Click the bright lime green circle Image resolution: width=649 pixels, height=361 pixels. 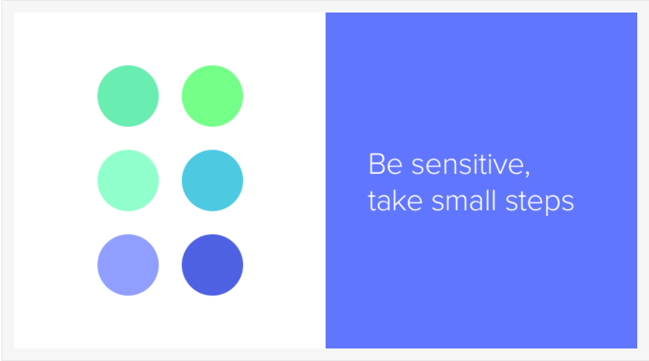pos(212,96)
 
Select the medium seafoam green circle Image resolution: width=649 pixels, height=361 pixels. pos(128,96)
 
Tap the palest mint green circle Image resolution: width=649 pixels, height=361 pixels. pos(128,180)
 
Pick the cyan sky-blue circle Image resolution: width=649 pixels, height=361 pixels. pos(212,180)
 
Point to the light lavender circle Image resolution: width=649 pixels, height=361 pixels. pos(128,265)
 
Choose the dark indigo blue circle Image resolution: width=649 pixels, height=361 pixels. pos(212,265)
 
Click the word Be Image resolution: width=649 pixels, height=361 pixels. pos(385,164)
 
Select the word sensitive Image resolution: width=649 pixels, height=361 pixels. pos(468,164)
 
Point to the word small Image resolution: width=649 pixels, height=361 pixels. pos(463,201)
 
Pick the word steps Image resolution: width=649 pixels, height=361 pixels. pos(540,203)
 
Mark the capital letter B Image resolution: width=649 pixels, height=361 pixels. pos(376,164)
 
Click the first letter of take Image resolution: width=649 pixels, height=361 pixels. pos(372,202)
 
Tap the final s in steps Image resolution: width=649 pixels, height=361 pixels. pos(568,204)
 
